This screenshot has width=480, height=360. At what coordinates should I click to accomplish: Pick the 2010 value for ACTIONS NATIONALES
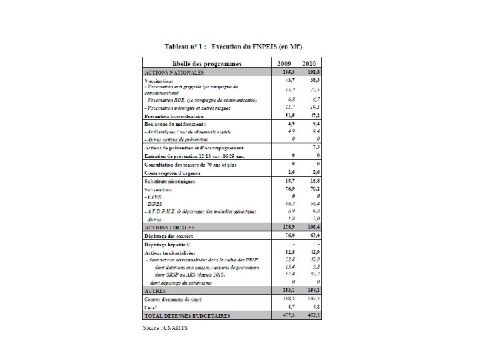click(313, 71)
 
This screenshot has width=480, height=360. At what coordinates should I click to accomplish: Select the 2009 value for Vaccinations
click(287, 79)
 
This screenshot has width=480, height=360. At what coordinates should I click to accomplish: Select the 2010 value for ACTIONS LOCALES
click(313, 227)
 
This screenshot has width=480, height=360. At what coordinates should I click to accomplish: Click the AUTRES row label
click(155, 291)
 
